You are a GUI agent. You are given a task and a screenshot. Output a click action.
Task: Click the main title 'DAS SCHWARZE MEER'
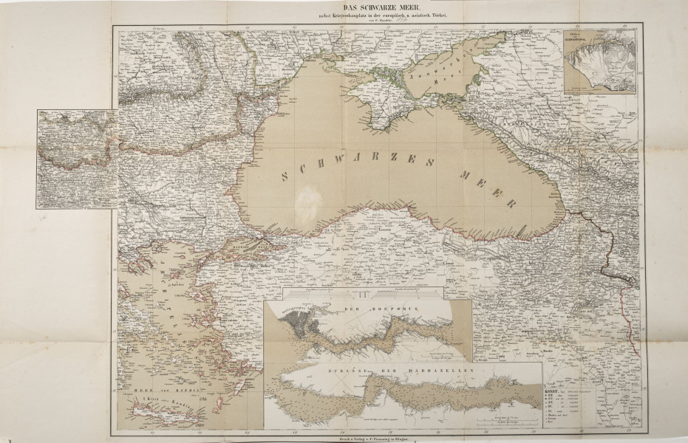point(344,8)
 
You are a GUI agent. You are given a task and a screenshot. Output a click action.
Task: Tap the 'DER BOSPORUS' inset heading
point(369,305)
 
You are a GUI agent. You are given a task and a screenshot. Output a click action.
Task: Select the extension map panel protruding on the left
point(78,159)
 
